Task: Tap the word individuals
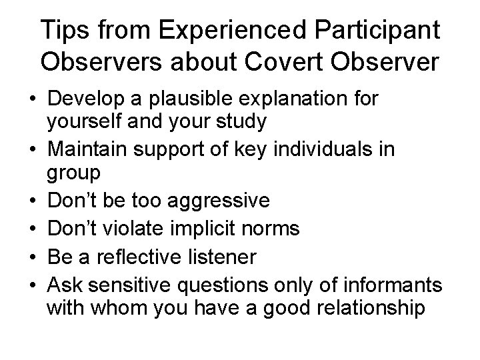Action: coord(316,147)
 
